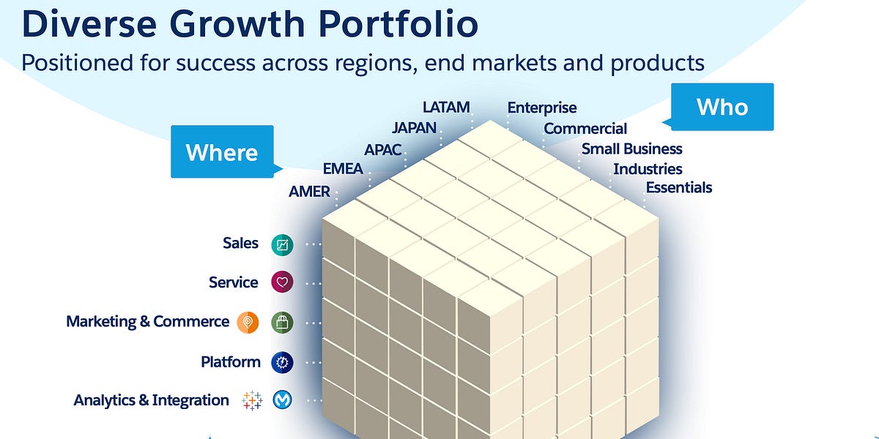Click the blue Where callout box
coord(222,152)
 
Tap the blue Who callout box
coord(722,107)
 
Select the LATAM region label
coord(446,107)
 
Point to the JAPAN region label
coord(414,127)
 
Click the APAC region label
coord(383,149)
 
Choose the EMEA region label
coord(342,169)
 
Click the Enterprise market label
coord(542,108)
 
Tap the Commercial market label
coord(585,129)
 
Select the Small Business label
coord(631,149)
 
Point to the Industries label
coord(648,169)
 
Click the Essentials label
coord(678,188)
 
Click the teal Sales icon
coord(282,244)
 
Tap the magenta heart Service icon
coord(282,282)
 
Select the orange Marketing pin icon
coord(248,322)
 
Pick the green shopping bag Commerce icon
coord(282,322)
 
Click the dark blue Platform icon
coord(282,361)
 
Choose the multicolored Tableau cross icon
coord(251,400)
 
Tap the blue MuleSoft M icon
coord(282,400)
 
